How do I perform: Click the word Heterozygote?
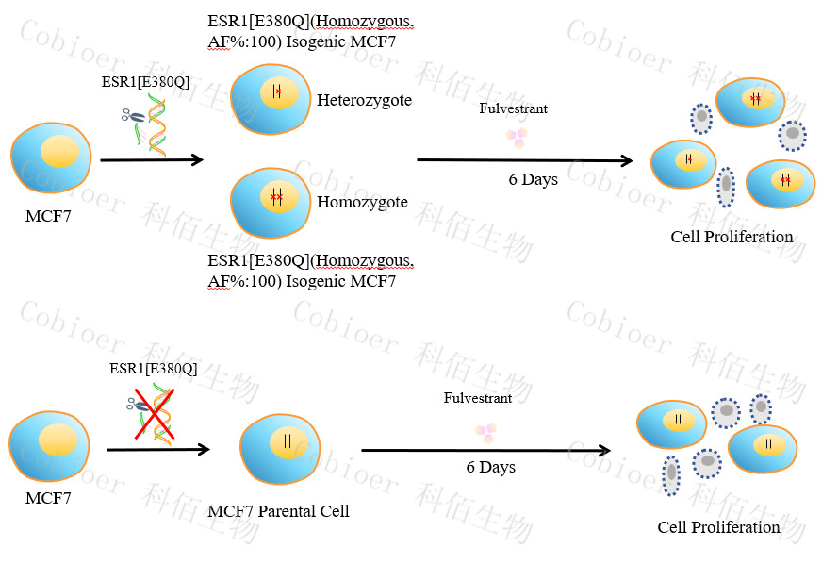click(364, 100)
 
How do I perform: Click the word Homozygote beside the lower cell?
click(362, 202)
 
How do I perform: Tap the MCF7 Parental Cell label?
click(278, 511)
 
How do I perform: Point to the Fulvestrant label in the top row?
click(514, 108)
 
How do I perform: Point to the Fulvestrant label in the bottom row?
click(478, 398)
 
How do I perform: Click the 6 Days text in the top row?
click(533, 179)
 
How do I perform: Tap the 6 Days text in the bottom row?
click(490, 467)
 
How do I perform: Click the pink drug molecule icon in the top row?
click(516, 138)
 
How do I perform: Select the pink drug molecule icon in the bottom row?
click(486, 433)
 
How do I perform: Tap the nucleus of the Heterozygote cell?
click(277, 92)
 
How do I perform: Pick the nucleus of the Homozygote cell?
click(277, 196)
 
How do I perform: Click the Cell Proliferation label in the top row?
click(732, 237)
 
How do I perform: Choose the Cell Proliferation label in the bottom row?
click(718, 527)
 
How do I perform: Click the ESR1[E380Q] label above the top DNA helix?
click(145, 82)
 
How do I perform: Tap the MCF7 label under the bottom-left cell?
click(48, 497)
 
